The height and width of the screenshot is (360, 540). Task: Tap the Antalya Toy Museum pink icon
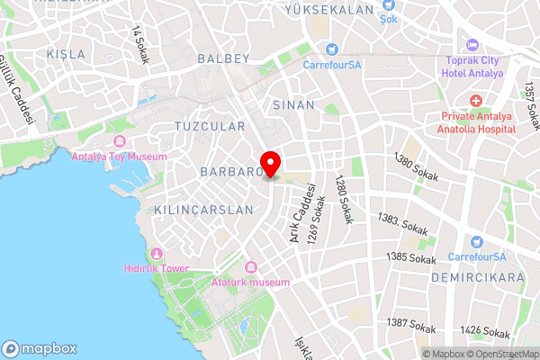click(x=120, y=141)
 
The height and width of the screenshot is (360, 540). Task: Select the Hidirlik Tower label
click(x=156, y=268)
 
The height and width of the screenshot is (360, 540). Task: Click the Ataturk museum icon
click(x=250, y=267)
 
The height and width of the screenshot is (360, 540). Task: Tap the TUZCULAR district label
click(x=210, y=126)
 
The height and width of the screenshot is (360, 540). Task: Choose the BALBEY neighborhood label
click(x=222, y=58)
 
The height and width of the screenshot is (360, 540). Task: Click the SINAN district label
click(x=293, y=104)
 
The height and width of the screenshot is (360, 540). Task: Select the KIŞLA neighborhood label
click(x=67, y=54)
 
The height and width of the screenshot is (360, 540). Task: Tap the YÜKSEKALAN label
click(x=328, y=10)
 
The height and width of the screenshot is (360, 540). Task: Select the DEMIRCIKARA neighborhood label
click(x=477, y=278)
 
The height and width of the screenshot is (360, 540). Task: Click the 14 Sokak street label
click(x=139, y=44)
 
